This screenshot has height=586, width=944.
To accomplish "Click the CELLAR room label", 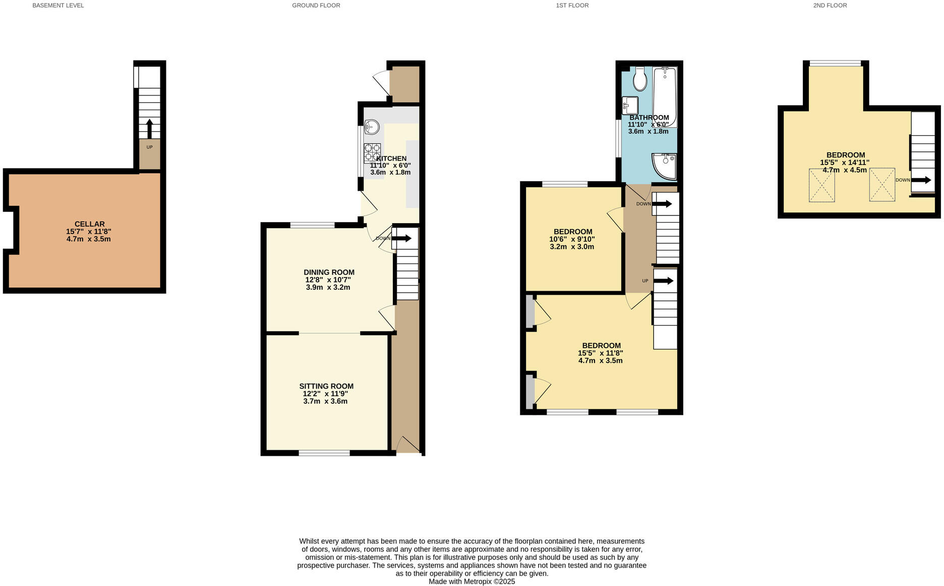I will [x=89, y=224].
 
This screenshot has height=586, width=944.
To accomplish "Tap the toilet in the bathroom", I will [x=640, y=79].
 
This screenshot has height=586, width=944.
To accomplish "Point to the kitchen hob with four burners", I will [x=372, y=153].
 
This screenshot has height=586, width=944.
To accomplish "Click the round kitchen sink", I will [x=372, y=127].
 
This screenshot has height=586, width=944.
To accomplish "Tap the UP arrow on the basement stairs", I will [x=149, y=128].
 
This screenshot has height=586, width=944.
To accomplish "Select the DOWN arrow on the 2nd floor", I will [x=921, y=180].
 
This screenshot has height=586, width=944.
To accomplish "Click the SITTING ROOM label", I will [x=326, y=386].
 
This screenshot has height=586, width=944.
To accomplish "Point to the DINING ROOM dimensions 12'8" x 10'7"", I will [x=328, y=280].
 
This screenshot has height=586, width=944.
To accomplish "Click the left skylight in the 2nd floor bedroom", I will [x=821, y=185].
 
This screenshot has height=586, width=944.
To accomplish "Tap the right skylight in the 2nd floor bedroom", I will [x=882, y=185].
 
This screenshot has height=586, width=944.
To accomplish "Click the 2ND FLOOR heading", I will [x=830, y=6].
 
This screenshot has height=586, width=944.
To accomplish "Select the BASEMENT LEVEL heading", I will [x=58, y=6].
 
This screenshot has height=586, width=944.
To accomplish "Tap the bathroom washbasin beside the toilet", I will [x=630, y=105].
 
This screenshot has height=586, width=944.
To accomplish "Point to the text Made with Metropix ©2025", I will [x=471, y=581].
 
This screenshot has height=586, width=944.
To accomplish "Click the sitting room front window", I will [x=324, y=453].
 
